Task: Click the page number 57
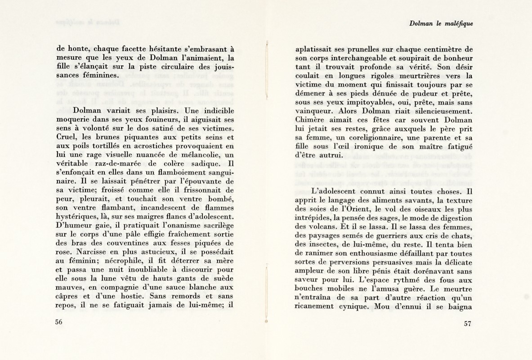tap(468, 325)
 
